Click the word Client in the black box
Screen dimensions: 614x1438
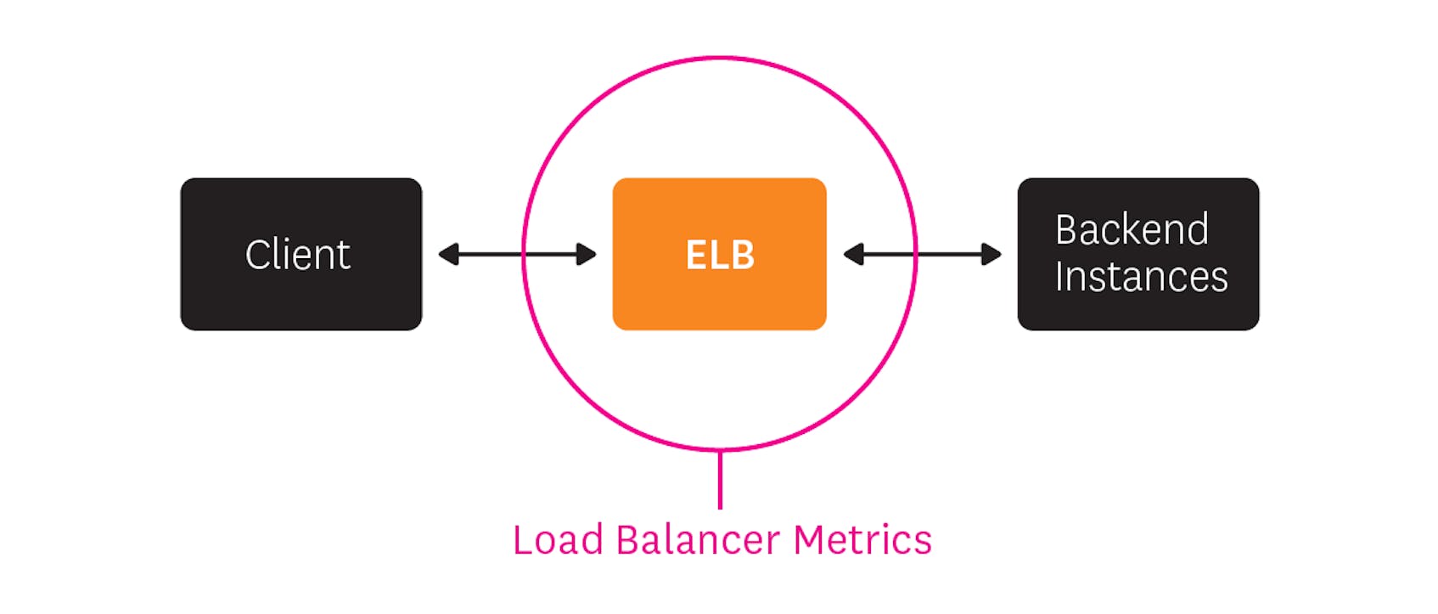[x=297, y=255]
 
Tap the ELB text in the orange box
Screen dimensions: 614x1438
[x=720, y=255]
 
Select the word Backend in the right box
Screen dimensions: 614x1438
[x=1132, y=230]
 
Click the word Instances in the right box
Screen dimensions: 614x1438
[x=1141, y=278]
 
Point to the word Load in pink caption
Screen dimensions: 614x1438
[x=557, y=540]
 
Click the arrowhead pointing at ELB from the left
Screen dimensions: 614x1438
[x=587, y=254]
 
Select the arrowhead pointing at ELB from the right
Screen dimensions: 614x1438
[x=853, y=254]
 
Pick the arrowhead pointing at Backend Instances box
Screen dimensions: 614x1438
[x=991, y=254]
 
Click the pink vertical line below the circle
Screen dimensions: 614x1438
[x=720, y=480]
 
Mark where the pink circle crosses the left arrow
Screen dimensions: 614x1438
[x=524, y=254]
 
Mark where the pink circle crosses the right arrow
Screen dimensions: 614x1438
[x=916, y=254]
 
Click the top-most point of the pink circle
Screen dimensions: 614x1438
[x=720, y=59]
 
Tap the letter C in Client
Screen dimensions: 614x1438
[x=256, y=255]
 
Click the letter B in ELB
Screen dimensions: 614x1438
[x=742, y=255]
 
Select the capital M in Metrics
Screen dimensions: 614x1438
[x=810, y=540]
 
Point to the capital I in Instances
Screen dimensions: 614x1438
[x=1059, y=278]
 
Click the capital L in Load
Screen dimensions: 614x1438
[x=521, y=540]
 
